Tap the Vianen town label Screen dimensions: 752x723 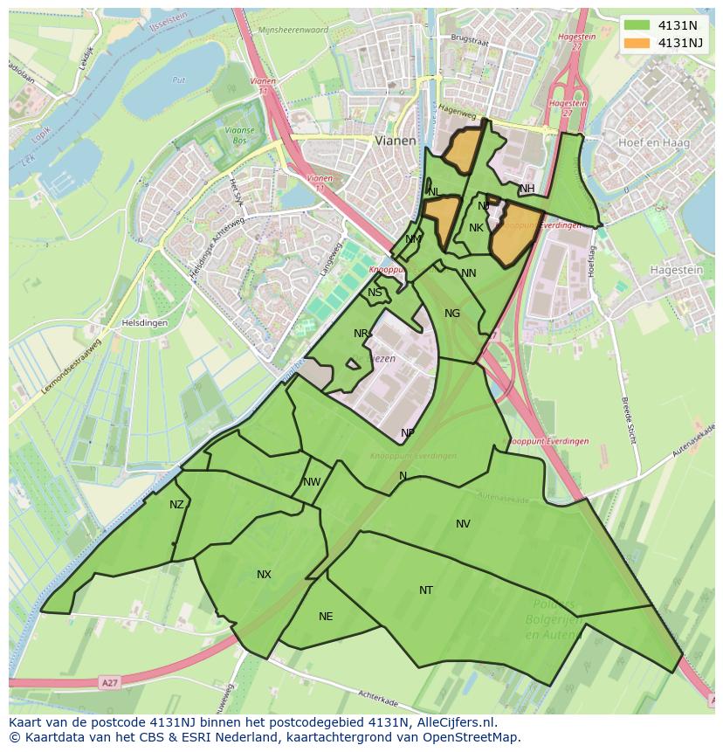396,140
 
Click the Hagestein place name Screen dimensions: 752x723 678,272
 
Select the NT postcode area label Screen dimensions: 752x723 425,590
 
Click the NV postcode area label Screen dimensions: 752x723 463,524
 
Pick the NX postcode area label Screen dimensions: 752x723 264,575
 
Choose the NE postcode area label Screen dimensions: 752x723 326,617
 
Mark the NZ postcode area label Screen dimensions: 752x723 177,505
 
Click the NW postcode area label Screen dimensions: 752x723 312,482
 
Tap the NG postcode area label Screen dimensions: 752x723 451,314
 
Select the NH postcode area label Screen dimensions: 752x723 527,189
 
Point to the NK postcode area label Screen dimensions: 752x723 476,228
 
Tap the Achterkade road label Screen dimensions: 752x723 384,696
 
